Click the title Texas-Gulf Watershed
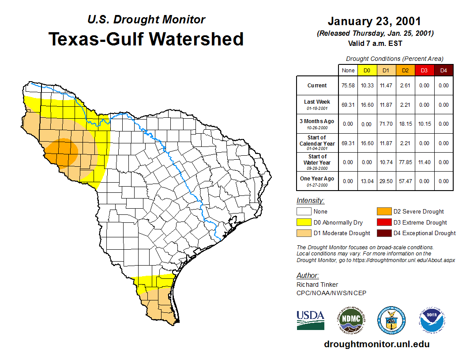click(x=146, y=39)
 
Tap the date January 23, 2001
click(x=374, y=22)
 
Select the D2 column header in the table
click(x=405, y=70)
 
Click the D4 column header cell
click(x=443, y=70)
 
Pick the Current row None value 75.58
click(x=348, y=86)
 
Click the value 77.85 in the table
click(x=405, y=162)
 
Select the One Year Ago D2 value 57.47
click(x=405, y=181)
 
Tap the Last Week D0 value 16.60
click(x=367, y=105)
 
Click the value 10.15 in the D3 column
click(x=424, y=124)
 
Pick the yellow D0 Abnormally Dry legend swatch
click(x=304, y=222)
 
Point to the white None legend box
click(x=304, y=212)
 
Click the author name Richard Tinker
click(x=317, y=285)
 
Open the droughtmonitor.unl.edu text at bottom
click(x=377, y=344)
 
